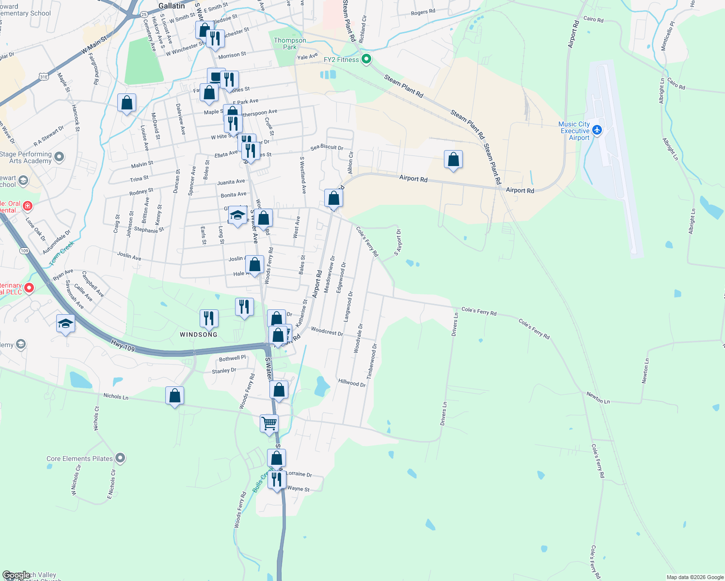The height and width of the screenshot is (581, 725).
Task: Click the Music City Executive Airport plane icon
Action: coord(597,130)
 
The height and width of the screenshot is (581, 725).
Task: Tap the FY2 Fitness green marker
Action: coord(366,60)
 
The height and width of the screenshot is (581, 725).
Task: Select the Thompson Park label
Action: coord(290,44)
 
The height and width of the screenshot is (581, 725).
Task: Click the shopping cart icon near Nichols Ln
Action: coord(269,424)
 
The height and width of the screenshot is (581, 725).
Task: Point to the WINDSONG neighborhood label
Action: coord(199,335)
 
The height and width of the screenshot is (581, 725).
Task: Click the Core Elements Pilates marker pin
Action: coord(121,458)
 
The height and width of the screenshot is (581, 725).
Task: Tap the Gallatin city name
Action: coord(172,6)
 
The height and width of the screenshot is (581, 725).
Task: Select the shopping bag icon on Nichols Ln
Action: coord(174,396)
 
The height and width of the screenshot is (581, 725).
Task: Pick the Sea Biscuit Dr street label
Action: coord(327,147)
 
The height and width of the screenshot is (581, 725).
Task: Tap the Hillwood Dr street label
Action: coord(352,383)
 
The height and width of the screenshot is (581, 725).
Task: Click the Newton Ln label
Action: coord(598,398)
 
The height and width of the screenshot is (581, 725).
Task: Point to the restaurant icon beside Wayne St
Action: coord(276,480)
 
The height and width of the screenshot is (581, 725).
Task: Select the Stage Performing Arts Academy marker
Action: coord(59,157)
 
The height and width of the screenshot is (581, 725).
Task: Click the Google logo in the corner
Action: coord(16,575)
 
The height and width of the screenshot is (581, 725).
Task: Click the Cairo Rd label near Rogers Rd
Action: coord(593,19)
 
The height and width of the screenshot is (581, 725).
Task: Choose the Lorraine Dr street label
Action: coord(299,474)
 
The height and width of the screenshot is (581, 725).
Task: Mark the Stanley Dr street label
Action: coord(224,371)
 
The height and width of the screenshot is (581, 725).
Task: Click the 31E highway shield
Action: coord(44,76)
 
